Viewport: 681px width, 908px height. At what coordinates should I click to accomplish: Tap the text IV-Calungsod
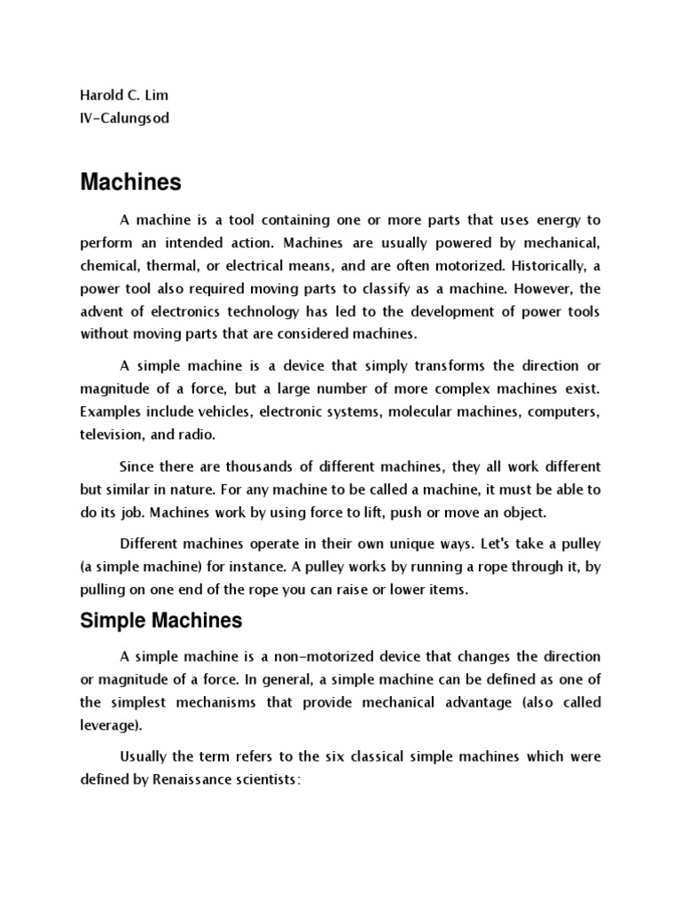[x=124, y=119]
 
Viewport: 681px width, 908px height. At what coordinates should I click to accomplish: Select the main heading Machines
[x=130, y=183]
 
